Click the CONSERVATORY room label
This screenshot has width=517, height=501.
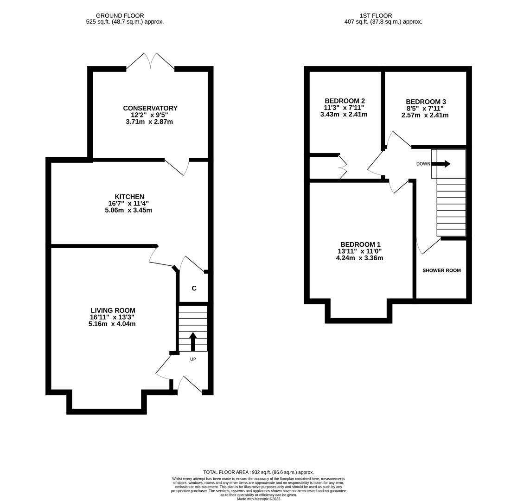point(150,108)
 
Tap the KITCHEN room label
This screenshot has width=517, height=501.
point(129,197)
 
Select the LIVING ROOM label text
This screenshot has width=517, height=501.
point(113,310)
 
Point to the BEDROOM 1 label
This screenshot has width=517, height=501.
point(360,244)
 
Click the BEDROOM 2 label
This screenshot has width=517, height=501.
point(344,101)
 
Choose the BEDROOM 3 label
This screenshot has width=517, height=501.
point(425,102)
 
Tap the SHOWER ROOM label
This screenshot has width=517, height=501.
point(441,270)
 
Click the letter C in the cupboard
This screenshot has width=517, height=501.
point(194,289)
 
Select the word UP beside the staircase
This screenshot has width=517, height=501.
point(193,360)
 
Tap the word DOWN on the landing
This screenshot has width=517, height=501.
point(423,164)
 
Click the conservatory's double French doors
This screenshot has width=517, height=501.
point(150,61)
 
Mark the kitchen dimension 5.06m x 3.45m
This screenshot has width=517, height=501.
point(128,210)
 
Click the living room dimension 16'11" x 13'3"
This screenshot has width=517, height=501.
point(112,317)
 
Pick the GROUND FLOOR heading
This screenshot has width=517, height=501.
point(120,16)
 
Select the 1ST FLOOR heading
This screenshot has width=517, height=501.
point(376,16)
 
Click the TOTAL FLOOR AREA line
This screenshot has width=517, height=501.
point(258,472)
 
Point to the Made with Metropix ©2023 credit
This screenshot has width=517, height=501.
point(258,499)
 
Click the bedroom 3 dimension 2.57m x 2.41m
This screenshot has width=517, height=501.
point(425,116)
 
